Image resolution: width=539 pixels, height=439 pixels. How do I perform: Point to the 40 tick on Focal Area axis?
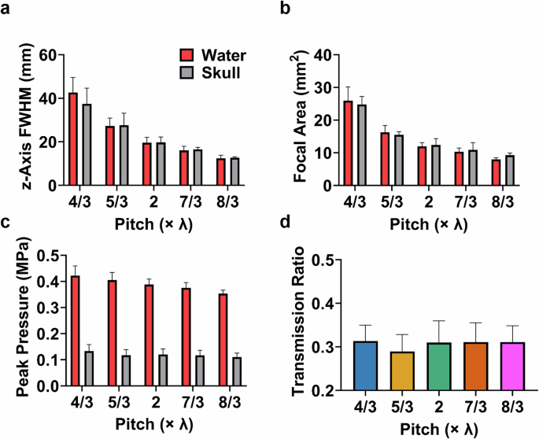321,55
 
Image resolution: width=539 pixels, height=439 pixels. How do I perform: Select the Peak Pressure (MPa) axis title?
15,320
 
